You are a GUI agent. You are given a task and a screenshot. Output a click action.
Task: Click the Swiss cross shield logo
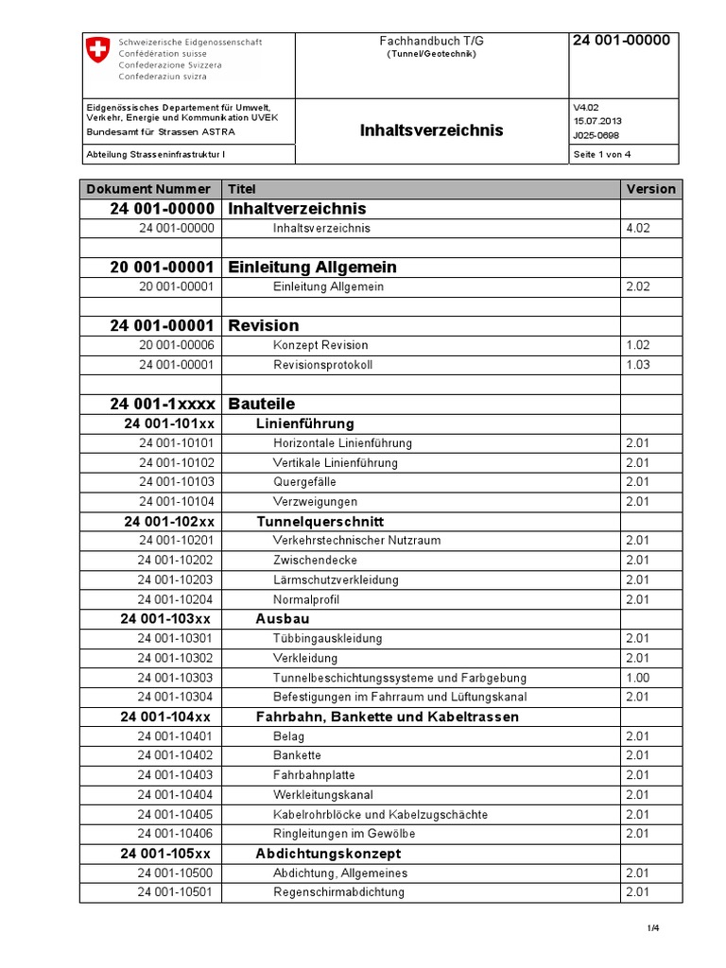(98, 51)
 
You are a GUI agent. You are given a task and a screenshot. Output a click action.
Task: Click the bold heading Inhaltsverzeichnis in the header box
(432, 130)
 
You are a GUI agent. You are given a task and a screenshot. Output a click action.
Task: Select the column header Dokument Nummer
(148, 189)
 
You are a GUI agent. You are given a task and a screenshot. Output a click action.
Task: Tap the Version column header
(650, 189)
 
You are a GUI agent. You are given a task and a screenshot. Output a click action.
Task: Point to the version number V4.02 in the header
(588, 108)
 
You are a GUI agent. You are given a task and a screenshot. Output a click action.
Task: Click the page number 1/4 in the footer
(653, 929)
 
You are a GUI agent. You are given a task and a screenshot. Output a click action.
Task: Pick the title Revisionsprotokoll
(322, 365)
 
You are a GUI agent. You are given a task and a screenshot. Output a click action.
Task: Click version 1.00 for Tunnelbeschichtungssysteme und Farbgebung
(637, 678)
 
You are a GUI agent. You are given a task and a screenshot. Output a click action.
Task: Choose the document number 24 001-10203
(176, 579)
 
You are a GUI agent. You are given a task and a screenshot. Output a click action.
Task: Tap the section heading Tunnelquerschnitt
(320, 522)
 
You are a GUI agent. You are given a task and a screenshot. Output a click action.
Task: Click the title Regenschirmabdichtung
(338, 892)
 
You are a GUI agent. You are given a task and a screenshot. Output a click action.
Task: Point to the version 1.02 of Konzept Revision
(637, 345)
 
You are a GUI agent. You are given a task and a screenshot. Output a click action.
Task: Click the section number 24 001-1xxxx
(162, 404)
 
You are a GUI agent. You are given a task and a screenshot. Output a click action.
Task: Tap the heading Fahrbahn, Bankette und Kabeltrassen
(388, 717)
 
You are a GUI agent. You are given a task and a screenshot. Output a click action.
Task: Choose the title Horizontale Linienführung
(342, 443)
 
